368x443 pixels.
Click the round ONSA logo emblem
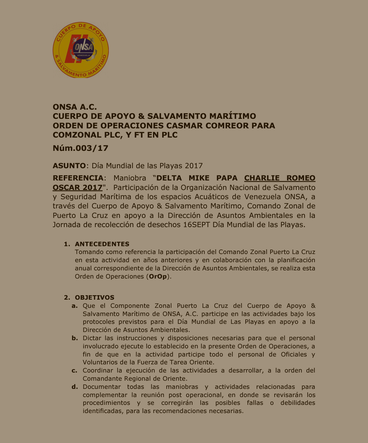(x=81, y=50)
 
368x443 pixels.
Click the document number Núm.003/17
(x=80, y=148)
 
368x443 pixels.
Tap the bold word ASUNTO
(x=69, y=166)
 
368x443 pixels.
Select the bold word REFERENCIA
(x=78, y=178)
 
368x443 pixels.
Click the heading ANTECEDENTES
(x=102, y=244)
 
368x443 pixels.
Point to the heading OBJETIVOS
(x=94, y=298)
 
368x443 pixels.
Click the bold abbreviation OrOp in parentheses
(x=158, y=276)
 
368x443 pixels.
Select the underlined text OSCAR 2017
(x=77, y=188)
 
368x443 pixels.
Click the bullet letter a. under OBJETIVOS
(x=75, y=306)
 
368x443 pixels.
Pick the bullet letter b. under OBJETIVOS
(x=75, y=338)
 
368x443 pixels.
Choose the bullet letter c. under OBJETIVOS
(x=75, y=370)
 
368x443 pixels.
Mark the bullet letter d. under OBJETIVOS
(x=75, y=387)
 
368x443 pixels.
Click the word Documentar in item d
(x=102, y=387)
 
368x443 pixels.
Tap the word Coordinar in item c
(x=97, y=370)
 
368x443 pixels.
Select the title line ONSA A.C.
(x=75, y=107)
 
